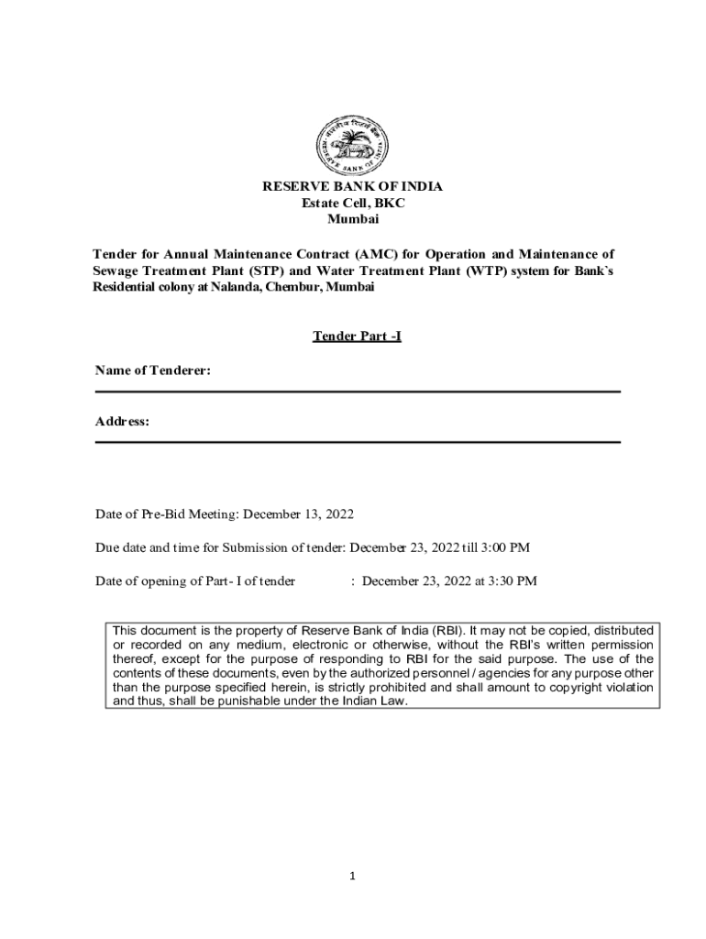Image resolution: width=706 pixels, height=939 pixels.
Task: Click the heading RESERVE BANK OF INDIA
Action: (x=352, y=187)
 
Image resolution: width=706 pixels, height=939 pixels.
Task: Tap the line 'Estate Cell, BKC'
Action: (x=352, y=204)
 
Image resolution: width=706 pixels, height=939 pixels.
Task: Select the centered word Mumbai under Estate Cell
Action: (x=352, y=220)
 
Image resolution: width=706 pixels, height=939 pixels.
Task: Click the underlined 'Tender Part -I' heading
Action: (x=357, y=337)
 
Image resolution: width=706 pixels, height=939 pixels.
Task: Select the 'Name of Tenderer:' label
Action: (x=153, y=370)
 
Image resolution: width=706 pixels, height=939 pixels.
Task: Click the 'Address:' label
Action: (x=123, y=421)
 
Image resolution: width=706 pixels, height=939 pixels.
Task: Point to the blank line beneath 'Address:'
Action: (x=358, y=442)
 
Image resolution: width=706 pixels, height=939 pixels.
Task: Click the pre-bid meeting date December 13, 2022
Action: (x=298, y=514)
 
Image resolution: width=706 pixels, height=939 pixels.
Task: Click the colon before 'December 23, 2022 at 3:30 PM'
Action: (x=353, y=581)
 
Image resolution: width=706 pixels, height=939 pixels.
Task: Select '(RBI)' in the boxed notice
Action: (x=446, y=631)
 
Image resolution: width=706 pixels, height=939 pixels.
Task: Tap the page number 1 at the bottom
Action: (x=352, y=876)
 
